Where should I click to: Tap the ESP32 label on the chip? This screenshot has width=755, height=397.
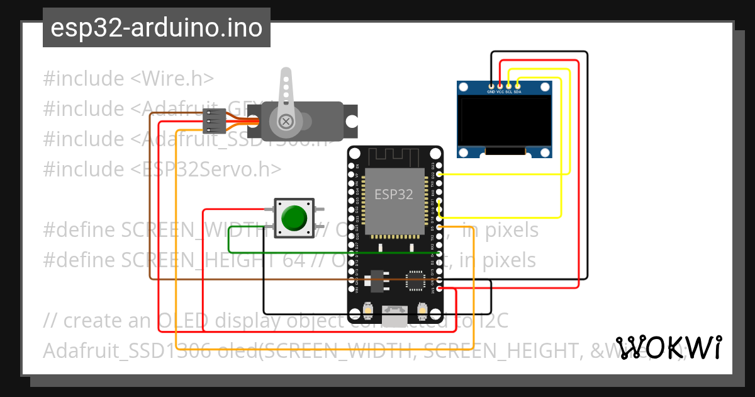[x=394, y=194]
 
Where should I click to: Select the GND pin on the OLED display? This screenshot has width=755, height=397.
[x=491, y=85]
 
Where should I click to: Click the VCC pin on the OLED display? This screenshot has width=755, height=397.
[x=500, y=85]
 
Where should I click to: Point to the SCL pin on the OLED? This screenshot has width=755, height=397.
[x=509, y=85]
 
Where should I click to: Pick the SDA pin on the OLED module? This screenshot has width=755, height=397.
[x=518, y=85]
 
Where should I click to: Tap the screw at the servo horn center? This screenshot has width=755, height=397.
[x=286, y=120]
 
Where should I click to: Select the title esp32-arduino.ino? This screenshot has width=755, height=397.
[x=156, y=28]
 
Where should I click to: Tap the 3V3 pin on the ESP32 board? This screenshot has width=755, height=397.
[x=439, y=291]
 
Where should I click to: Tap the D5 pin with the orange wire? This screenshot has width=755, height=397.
[x=439, y=226]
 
